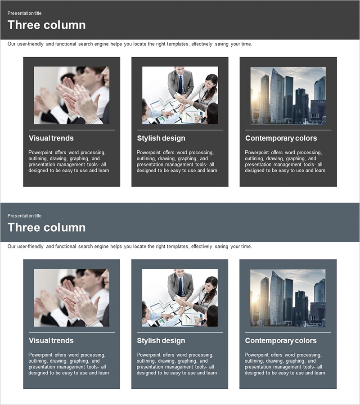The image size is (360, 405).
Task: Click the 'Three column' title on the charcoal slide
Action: coord(46,25)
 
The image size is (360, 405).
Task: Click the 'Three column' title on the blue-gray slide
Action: coord(46,228)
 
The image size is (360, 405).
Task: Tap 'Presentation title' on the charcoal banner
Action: coord(24,13)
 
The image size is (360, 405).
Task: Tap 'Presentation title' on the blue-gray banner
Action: coord(24,216)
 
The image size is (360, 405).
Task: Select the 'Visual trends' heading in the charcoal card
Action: coord(51,138)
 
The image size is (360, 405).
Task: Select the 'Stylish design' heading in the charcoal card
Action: coord(161,139)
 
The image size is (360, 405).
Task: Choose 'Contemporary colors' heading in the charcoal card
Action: coord(281,139)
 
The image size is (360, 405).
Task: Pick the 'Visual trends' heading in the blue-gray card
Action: coord(51,341)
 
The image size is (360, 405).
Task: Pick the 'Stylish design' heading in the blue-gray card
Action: coord(161,341)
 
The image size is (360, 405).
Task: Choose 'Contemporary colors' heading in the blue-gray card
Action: coord(281,341)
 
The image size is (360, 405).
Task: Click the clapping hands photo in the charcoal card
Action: coord(72,95)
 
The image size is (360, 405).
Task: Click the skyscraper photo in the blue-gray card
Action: coord(288,298)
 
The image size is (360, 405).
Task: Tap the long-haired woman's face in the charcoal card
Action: coord(208,84)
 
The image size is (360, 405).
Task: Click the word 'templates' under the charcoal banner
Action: coord(178,44)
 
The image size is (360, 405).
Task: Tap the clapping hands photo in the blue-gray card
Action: coord(72,298)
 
